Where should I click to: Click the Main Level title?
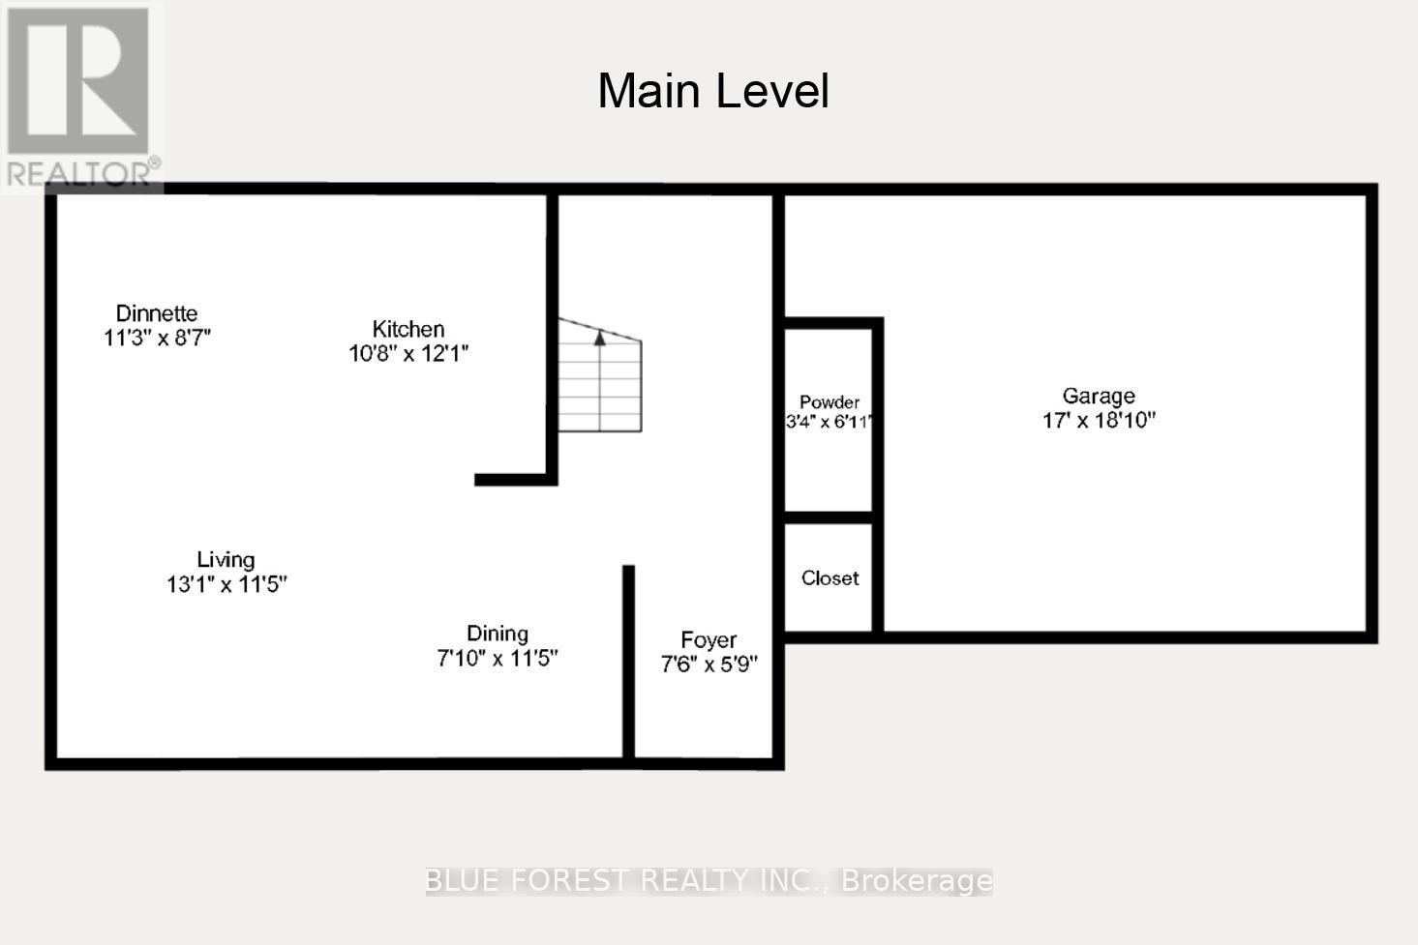713,91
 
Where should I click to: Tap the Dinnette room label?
157,313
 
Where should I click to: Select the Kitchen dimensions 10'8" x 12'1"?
408,354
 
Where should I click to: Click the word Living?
226,559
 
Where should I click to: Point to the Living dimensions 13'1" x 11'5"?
226,584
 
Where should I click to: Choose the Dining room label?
498,634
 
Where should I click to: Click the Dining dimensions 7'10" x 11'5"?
498,659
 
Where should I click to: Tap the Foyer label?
709,639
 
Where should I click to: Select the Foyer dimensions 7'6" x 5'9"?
709,664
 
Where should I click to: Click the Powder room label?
830,402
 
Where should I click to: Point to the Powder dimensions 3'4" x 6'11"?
830,422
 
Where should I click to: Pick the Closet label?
830,578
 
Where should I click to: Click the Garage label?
1099,396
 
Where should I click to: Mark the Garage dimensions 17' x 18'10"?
1099,421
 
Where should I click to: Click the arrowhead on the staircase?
600,338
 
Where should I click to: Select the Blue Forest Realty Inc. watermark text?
709,880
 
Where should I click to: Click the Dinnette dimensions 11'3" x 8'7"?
157,339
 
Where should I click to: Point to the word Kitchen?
408,329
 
